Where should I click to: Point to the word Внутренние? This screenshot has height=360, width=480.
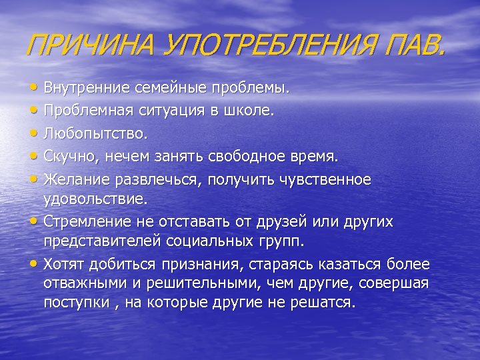click(x=84, y=88)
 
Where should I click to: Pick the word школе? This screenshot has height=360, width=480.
click(x=251, y=111)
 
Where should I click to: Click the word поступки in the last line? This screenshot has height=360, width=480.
click(x=73, y=302)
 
